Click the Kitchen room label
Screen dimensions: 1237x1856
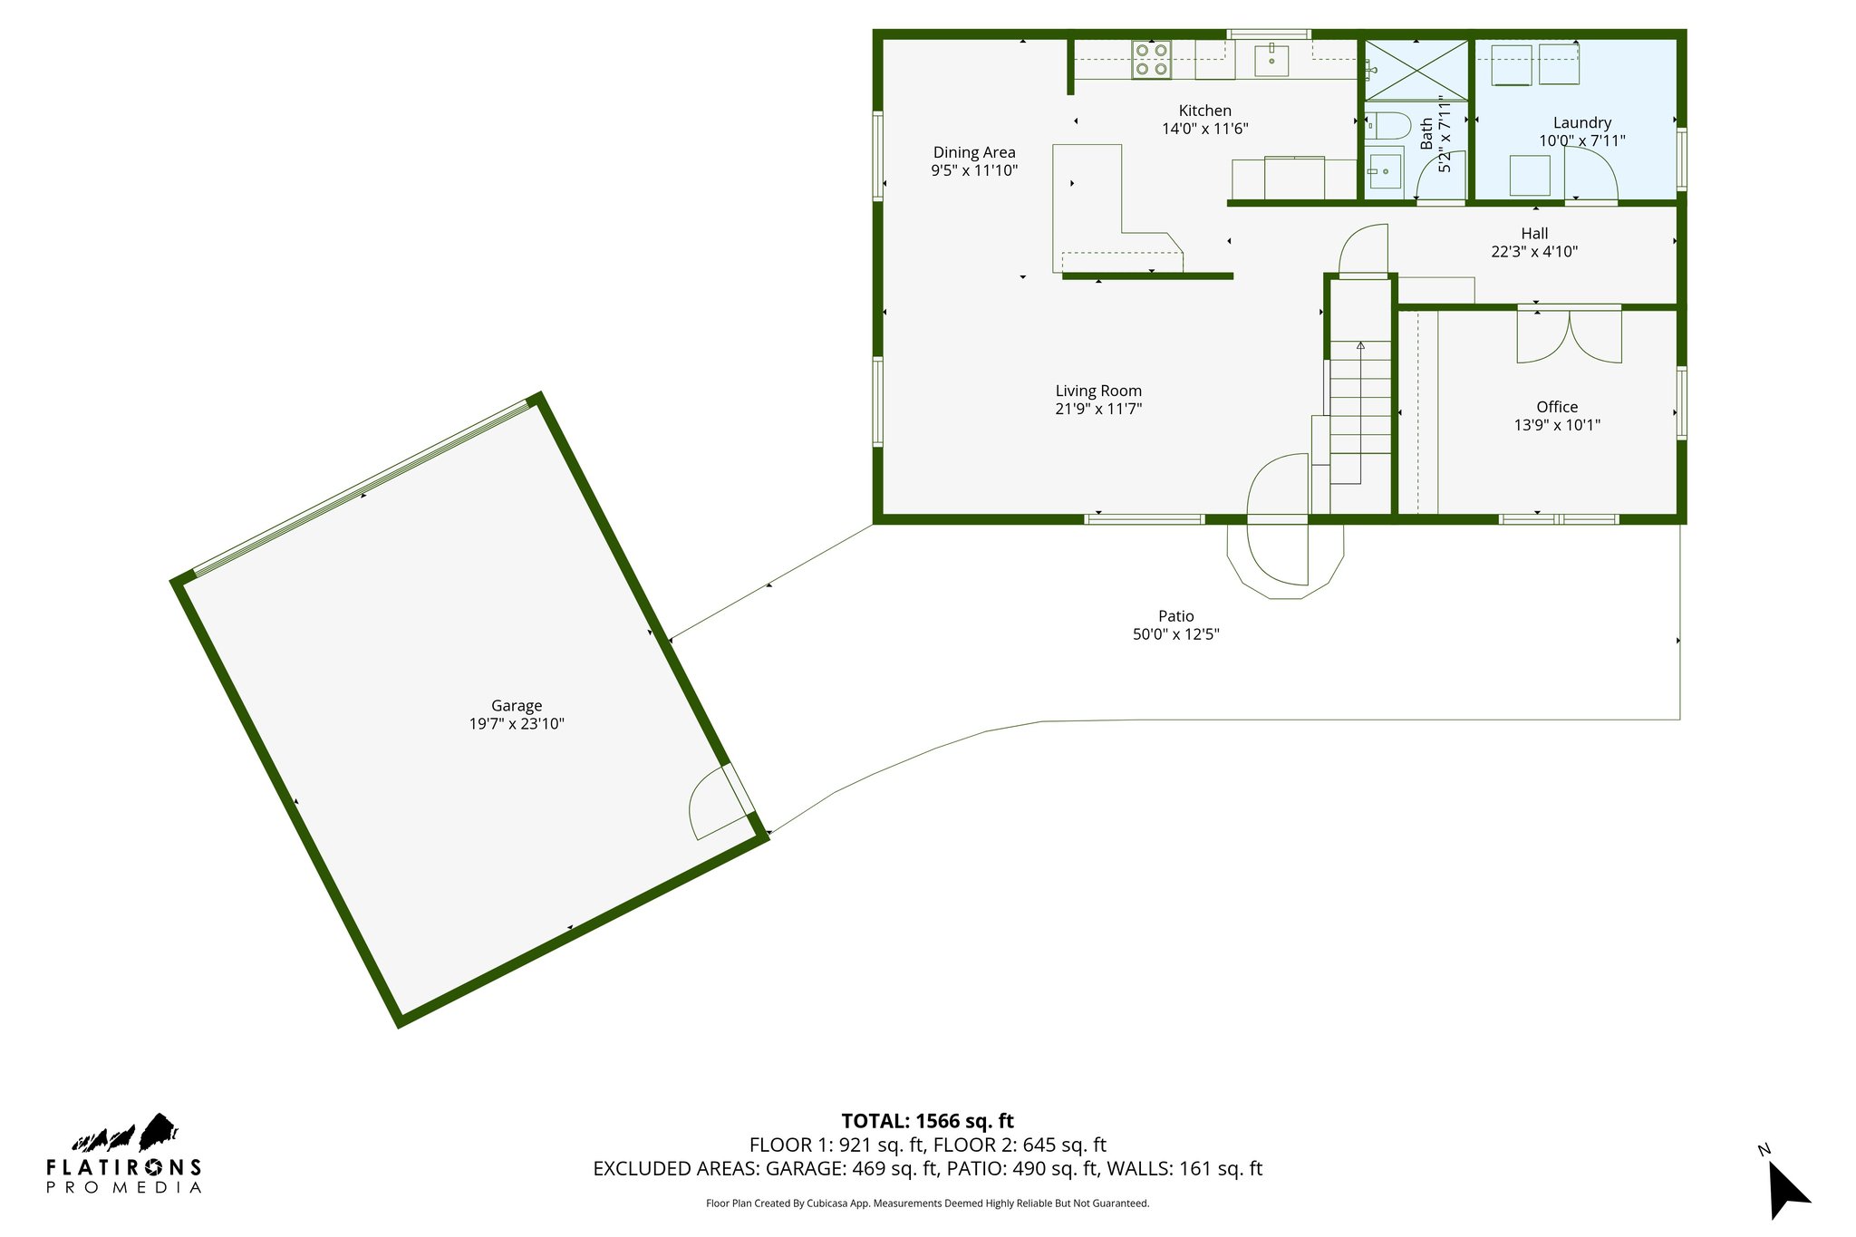[1204, 111]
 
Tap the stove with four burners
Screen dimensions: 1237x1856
[1151, 60]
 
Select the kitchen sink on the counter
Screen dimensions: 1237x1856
[1271, 60]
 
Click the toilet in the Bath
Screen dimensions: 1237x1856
[1387, 125]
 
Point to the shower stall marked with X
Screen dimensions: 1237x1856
[1416, 70]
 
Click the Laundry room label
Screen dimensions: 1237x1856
[1581, 122]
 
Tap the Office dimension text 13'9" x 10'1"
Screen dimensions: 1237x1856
[1556, 425]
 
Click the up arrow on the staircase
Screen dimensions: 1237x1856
[1360, 346]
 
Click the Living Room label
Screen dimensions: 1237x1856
[1097, 391]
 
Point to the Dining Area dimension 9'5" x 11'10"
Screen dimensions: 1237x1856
[974, 170]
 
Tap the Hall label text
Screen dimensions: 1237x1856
[1533, 233]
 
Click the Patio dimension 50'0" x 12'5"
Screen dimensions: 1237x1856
[1175, 634]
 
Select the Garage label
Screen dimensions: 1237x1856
[517, 705]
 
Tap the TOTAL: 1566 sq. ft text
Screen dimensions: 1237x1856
[927, 1121]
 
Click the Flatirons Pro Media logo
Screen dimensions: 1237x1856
[123, 1155]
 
